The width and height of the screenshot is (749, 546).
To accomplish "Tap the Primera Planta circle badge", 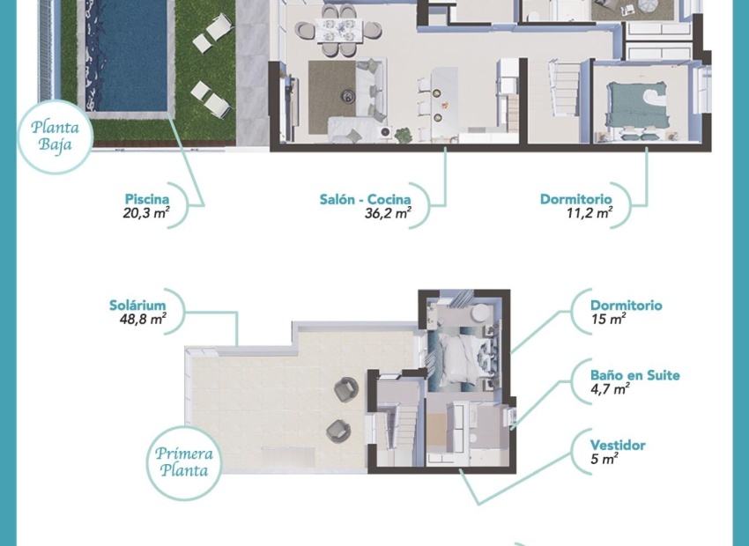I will tap(184, 462).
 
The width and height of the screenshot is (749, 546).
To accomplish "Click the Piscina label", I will tap(147, 199).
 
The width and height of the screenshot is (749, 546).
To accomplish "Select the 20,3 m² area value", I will tap(146, 213).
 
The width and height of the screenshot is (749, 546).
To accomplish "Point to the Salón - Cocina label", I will tap(365, 199).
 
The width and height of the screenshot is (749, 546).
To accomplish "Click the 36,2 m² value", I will tap(388, 213).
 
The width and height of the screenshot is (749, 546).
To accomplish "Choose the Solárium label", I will tap(137, 306).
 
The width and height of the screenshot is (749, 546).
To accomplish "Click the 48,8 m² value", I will tap(144, 320).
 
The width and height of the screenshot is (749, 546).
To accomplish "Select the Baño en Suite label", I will tap(634, 375).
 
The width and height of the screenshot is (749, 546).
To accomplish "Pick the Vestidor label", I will tap(618, 445).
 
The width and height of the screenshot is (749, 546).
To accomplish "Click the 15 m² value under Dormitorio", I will tap(608, 320).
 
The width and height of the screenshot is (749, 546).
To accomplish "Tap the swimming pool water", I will tap(130, 53).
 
